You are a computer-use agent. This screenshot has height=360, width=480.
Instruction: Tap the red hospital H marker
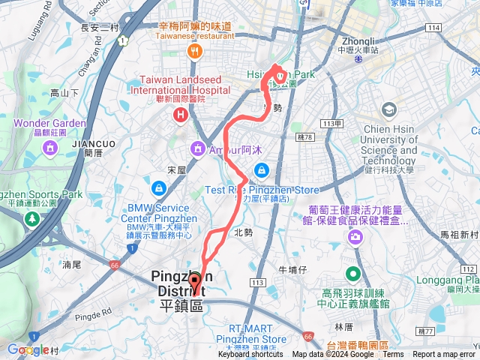click(180, 115)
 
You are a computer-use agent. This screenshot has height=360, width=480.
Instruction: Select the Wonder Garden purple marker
click(49, 148)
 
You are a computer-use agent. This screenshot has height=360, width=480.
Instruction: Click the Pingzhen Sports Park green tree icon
click(31, 218)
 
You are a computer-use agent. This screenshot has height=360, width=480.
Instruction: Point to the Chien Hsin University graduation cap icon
click(388, 110)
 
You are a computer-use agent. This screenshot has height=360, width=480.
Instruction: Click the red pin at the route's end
click(196, 283)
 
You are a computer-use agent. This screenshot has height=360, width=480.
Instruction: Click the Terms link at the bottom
click(392, 355)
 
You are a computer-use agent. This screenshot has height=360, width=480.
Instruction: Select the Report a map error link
click(444, 355)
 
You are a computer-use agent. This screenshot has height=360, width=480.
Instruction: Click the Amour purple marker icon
click(197, 148)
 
